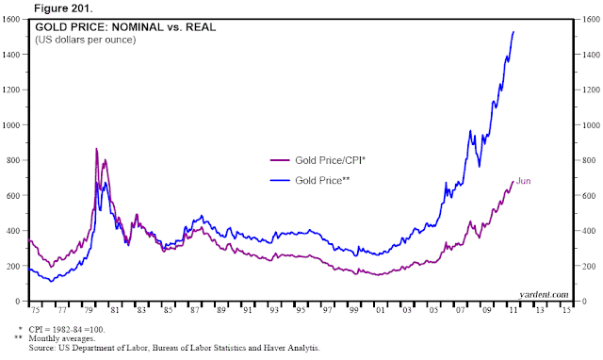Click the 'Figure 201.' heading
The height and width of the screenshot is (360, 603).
coord(63,8)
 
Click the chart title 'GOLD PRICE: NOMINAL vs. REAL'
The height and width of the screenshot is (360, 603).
coord(125,27)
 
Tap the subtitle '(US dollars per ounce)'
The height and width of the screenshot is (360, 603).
coord(86,40)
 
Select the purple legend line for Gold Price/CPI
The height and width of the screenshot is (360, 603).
coord(280,160)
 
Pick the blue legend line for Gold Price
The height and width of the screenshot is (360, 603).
coord(280,180)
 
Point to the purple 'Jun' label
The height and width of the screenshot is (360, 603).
coord(524,181)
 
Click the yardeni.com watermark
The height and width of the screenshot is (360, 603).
coord(544,295)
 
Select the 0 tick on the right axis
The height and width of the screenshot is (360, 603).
coord(584,302)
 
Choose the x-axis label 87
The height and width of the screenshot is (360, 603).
coord(195,310)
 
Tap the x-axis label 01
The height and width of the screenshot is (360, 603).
coord(381,310)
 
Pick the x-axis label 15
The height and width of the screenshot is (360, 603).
coord(566,310)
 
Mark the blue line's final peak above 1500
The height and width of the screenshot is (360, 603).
coord(513,32)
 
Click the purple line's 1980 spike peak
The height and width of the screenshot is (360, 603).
coord(96,149)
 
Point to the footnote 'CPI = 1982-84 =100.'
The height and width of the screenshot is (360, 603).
coord(67,330)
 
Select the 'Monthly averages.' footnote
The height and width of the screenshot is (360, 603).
coord(62,339)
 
